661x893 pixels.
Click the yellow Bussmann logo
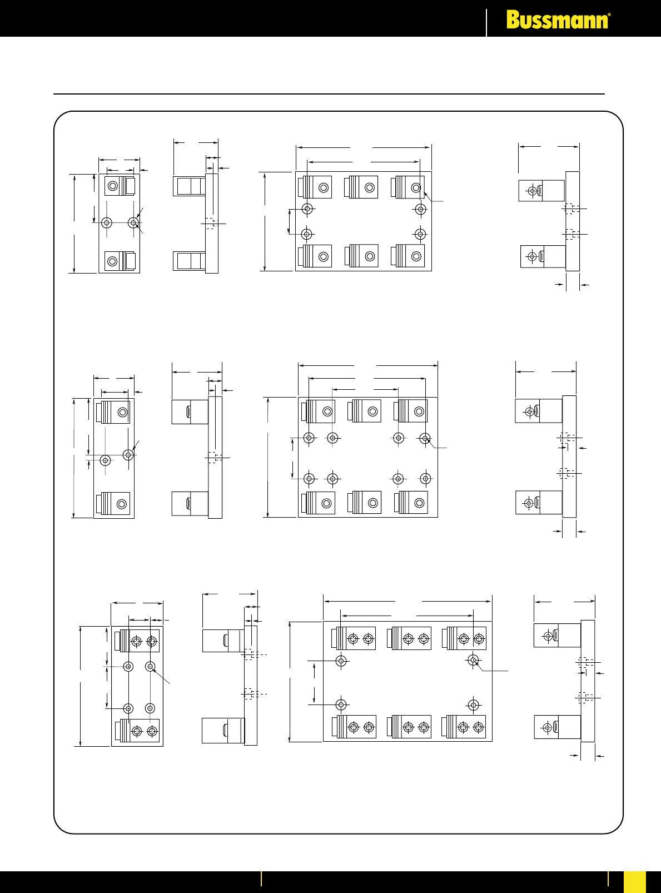coord(558,19)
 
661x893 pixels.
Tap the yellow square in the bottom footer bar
coord(635,882)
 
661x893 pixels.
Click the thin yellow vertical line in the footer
coord(261,879)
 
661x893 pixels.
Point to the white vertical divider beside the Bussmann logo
coord(486,23)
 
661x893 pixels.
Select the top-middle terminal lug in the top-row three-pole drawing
coord(361,187)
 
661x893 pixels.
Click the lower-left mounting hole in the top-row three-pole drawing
coord(307,234)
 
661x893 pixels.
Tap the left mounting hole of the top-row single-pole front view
coord(107,222)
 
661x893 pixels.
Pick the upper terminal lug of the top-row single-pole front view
coord(120,186)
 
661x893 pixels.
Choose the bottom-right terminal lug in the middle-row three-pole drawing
coord(411,503)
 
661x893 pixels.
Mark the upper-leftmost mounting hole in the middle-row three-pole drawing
coord(309,438)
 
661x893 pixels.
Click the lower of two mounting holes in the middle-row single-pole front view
coord(106,460)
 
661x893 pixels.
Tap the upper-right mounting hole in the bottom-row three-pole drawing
coord(473,660)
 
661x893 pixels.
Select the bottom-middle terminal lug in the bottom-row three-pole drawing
coord(409,727)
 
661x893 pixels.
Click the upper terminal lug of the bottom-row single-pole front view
coord(137,641)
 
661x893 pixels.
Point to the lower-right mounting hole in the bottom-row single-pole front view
coord(150,708)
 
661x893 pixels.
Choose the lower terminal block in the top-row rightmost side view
coord(543,256)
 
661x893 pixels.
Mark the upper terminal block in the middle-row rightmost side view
coord(539,411)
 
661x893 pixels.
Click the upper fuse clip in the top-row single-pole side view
coord(189,186)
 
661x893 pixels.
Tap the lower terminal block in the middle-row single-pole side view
coord(190,503)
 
